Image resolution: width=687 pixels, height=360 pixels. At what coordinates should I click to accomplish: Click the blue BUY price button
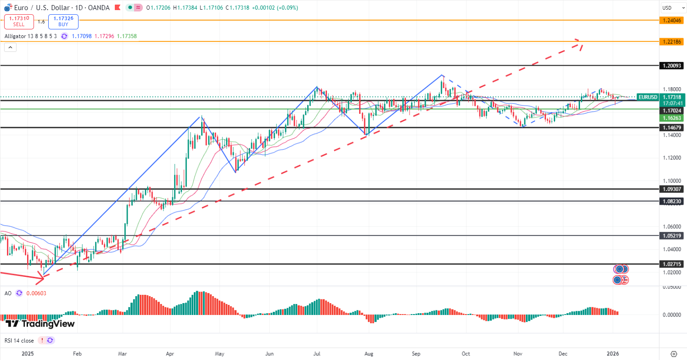(63, 21)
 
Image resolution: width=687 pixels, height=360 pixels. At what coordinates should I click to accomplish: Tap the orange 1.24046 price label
(671, 20)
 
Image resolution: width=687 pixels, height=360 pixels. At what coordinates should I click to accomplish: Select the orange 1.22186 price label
(671, 41)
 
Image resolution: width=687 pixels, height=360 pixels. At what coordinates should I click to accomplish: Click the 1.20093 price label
(671, 66)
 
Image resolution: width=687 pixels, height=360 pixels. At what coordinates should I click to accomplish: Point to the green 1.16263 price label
(671, 118)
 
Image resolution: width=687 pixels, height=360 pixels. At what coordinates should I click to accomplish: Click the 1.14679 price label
(671, 127)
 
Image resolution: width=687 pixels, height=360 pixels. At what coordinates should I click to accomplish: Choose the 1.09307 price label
(671, 189)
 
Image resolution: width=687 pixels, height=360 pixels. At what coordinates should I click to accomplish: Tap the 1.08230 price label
(671, 201)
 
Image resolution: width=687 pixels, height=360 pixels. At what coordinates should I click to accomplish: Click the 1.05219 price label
(671, 236)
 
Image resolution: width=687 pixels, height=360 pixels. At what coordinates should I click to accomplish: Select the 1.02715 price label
(671, 264)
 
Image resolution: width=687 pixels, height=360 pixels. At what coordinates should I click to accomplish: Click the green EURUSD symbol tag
(648, 97)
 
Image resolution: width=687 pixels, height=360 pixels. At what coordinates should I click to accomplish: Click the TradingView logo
(40, 324)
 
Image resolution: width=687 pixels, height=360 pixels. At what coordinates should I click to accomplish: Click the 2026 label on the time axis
(613, 354)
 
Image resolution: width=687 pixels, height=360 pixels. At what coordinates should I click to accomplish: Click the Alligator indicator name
(18, 36)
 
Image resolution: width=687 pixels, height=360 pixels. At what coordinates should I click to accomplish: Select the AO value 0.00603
(36, 293)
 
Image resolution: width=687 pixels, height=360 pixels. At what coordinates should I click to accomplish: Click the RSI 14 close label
(19, 340)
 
